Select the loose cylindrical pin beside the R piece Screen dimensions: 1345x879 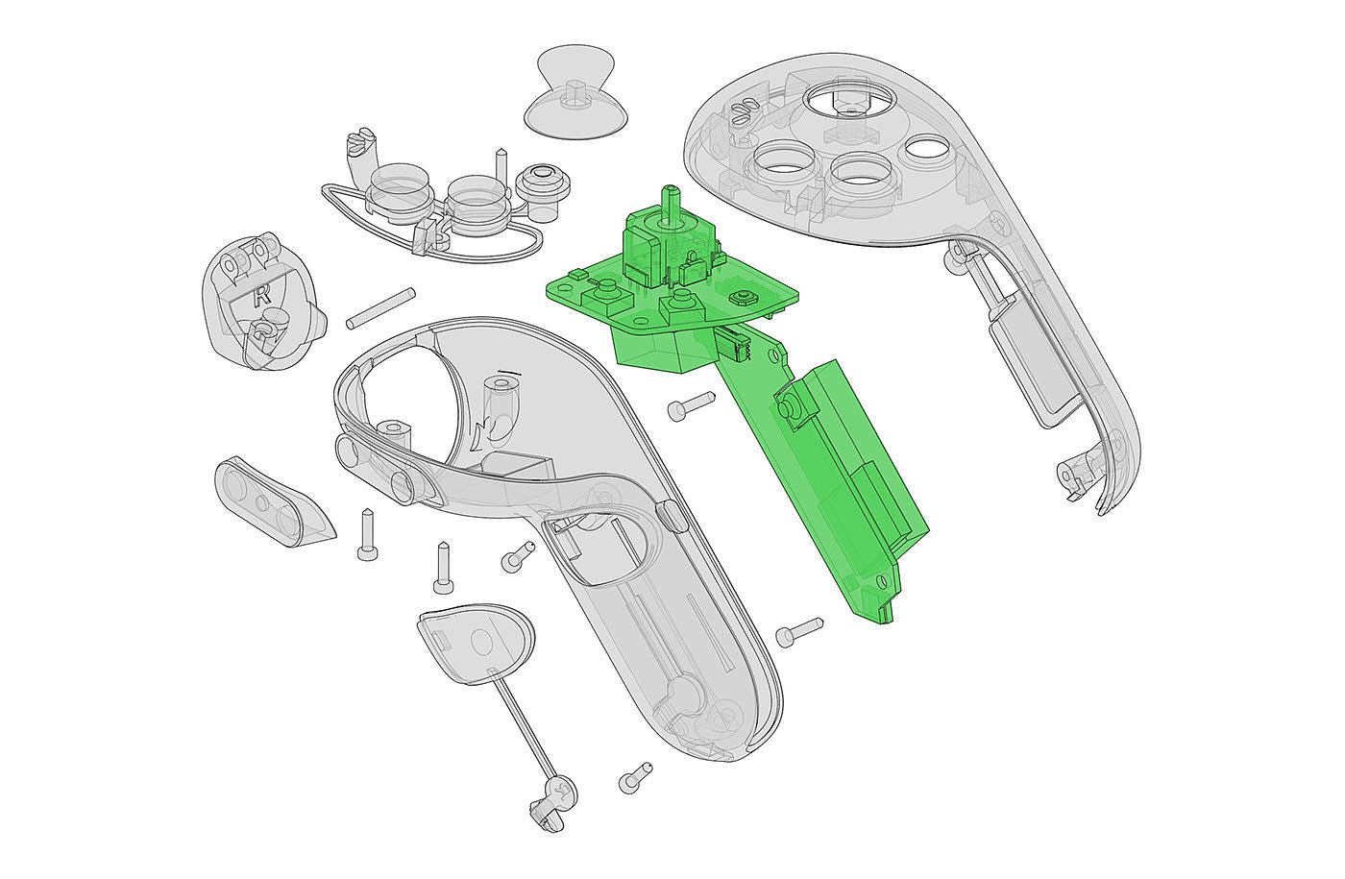(380, 308)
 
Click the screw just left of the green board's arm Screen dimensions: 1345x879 (691, 405)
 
